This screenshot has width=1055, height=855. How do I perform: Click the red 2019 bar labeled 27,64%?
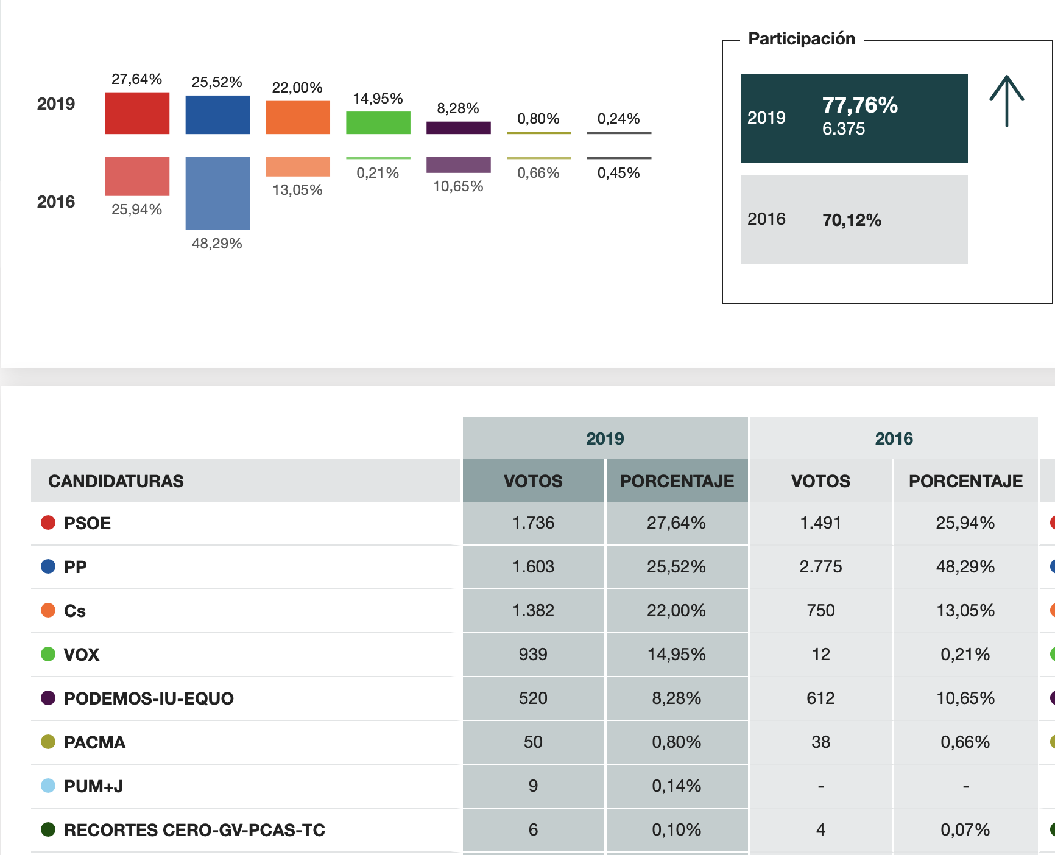[137, 113]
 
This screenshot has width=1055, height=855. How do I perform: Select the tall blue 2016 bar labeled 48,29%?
[217, 192]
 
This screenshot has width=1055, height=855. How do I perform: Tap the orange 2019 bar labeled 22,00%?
[298, 118]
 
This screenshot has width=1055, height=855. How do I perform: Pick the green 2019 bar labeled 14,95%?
[378, 122]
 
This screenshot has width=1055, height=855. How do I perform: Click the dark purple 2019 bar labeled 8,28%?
[459, 128]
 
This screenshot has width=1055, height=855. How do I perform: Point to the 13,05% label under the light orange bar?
[297, 190]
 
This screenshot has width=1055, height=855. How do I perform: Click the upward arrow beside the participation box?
[1006, 101]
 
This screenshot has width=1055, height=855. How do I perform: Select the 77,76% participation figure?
[859, 105]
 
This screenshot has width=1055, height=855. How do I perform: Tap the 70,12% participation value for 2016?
[852, 220]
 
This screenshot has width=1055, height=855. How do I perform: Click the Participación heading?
[802, 39]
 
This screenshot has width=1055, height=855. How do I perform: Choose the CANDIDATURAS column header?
[116, 481]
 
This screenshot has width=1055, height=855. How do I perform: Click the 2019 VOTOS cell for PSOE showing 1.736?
[533, 523]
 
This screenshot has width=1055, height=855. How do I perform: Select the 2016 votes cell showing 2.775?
[820, 567]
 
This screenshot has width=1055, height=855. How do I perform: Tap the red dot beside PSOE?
[48, 522]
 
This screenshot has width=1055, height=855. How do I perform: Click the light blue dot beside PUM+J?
[48, 786]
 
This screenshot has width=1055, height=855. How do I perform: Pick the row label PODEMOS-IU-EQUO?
[149, 698]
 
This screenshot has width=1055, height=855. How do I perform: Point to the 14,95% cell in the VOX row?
[676, 655]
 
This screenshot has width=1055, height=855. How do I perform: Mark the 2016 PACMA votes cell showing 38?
[820, 742]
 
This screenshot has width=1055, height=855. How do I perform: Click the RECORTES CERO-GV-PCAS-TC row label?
[194, 830]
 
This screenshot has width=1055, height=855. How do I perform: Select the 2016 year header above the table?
[894, 438]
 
